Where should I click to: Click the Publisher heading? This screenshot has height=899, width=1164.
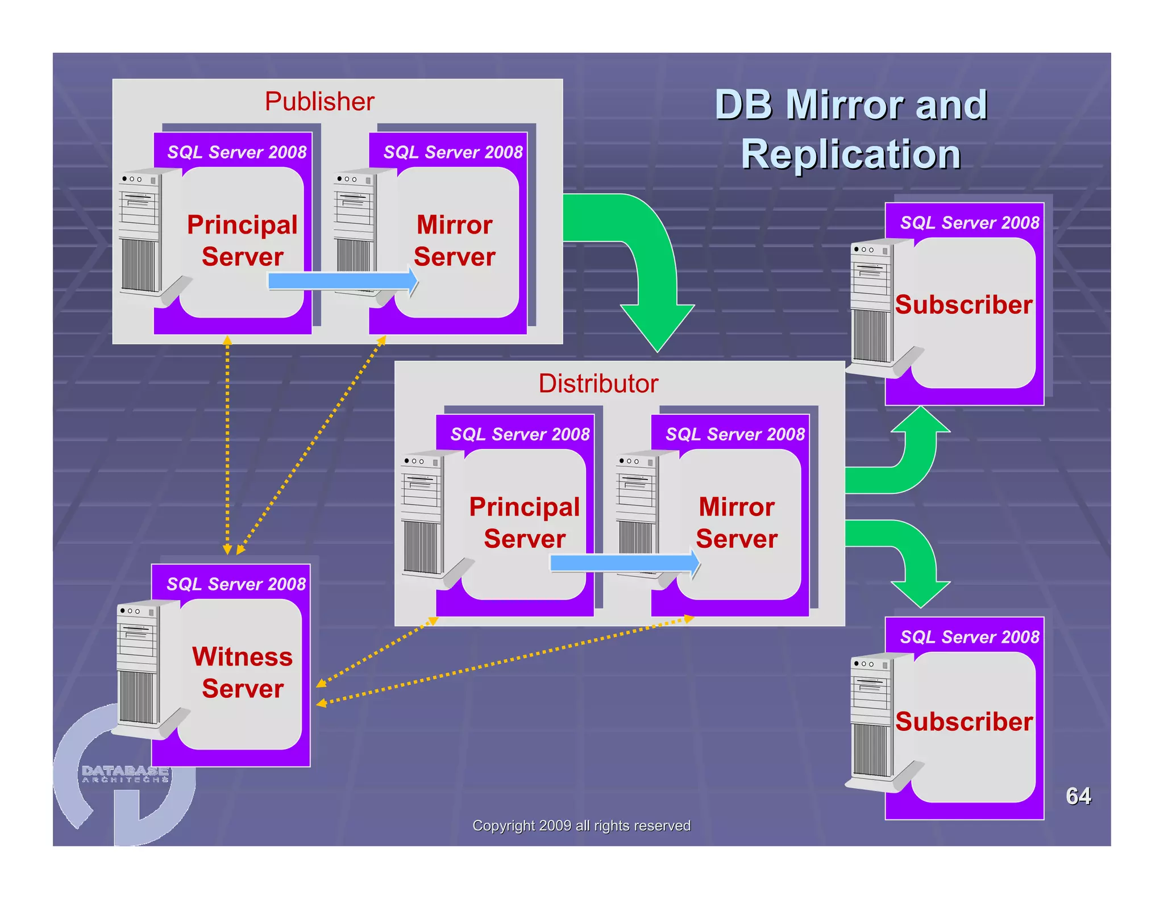pos(319,102)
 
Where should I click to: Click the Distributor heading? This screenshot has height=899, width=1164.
pos(598,384)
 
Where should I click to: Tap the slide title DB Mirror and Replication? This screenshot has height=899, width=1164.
pos(851,130)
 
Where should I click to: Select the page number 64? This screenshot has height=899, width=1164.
pos(1078,796)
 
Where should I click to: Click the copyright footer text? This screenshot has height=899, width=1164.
pos(581,826)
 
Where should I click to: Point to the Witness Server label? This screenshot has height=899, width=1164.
pos(243,672)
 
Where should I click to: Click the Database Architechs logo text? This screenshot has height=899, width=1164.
pos(125,773)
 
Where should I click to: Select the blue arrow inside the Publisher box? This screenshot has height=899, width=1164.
pos(341,281)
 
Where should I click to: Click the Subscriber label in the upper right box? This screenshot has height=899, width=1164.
pos(963,305)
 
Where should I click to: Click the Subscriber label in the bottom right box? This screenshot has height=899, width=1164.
pos(963,721)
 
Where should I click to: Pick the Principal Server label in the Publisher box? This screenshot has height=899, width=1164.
pos(243,240)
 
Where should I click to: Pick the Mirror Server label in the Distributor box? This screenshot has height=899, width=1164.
pos(737,522)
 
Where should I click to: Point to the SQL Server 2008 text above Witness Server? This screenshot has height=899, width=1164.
pos(236,584)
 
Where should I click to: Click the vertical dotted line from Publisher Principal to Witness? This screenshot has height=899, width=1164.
pos(227,443)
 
